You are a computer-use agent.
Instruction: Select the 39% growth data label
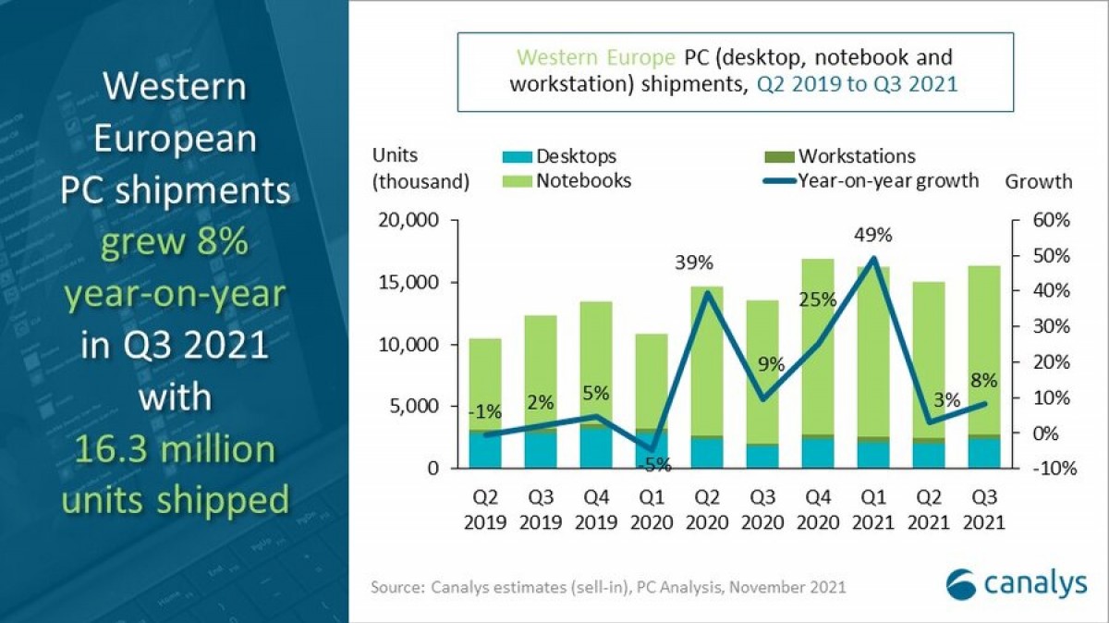point(693,263)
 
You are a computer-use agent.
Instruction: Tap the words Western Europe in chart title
point(595,58)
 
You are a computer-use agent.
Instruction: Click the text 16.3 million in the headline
point(168,450)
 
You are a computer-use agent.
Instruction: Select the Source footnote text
point(608,587)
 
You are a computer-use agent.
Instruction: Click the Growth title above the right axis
point(1038,181)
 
